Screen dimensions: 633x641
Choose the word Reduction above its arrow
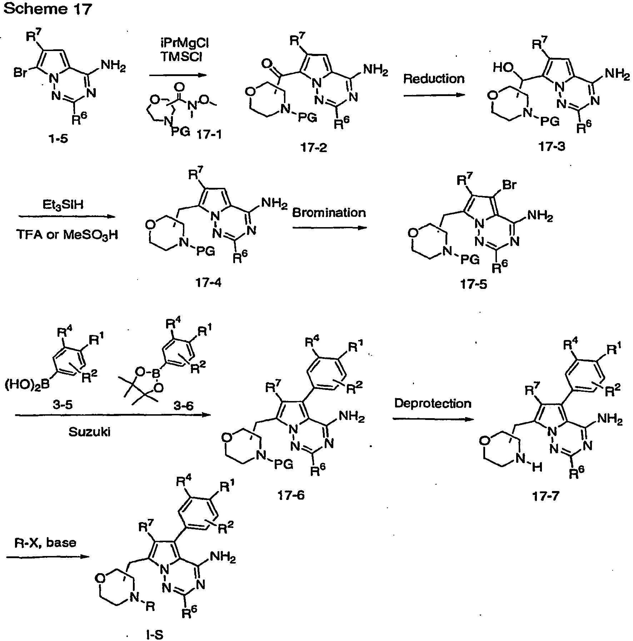434,79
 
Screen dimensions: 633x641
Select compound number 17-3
552,146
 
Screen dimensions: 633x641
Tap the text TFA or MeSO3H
67,235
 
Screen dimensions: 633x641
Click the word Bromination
329,213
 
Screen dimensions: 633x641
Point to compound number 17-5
474,285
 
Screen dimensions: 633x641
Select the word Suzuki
89,432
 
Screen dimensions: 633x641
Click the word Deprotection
433,404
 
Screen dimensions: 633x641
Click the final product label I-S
156,635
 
